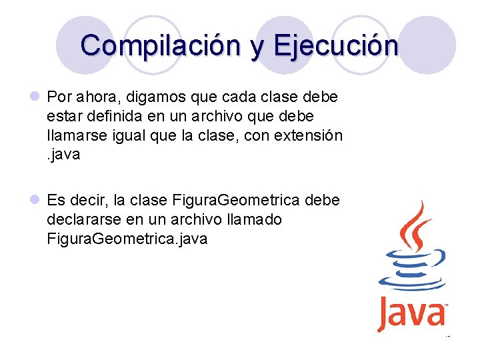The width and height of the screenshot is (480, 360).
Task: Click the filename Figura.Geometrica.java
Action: (127, 239)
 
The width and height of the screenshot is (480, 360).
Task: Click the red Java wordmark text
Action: (411, 313)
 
